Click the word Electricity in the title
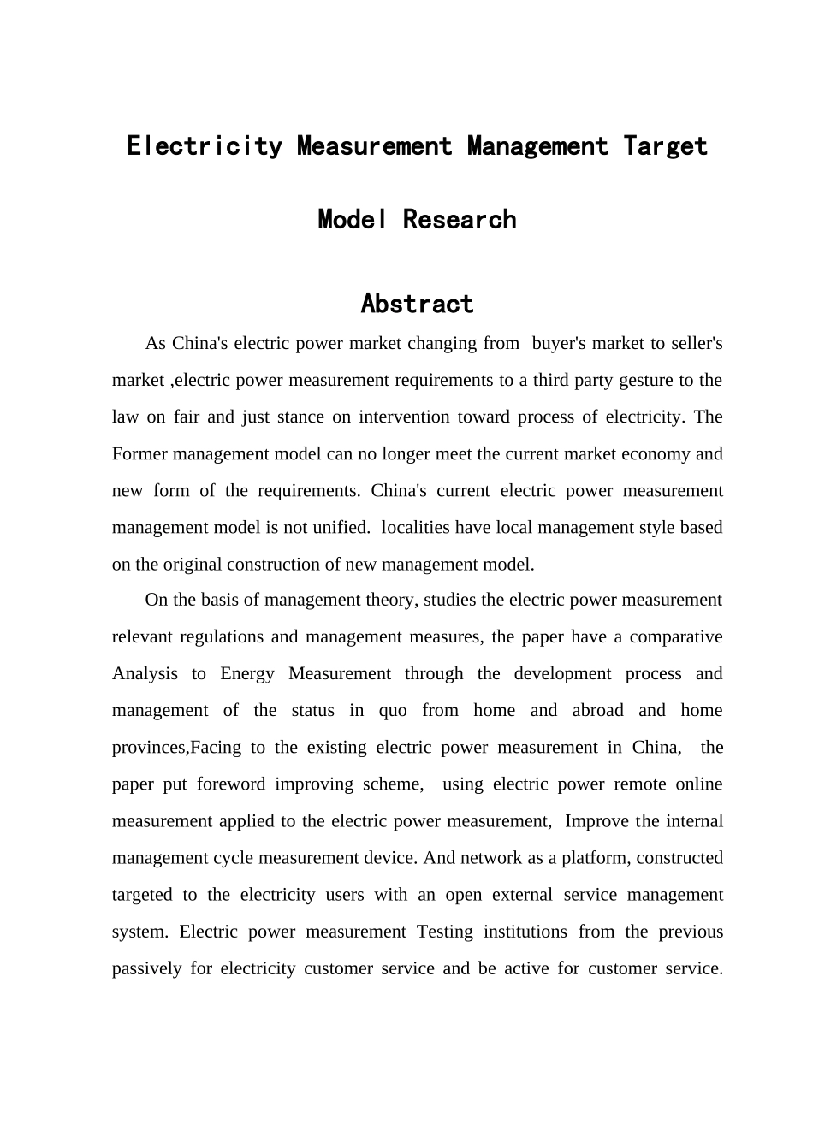pyautogui.click(x=204, y=146)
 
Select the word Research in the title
pyautogui.click(x=460, y=220)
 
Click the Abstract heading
pyautogui.click(x=417, y=304)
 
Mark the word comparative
pyautogui.click(x=676, y=637)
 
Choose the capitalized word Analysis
pyautogui.click(x=145, y=674)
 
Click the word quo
pyautogui.click(x=393, y=711)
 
